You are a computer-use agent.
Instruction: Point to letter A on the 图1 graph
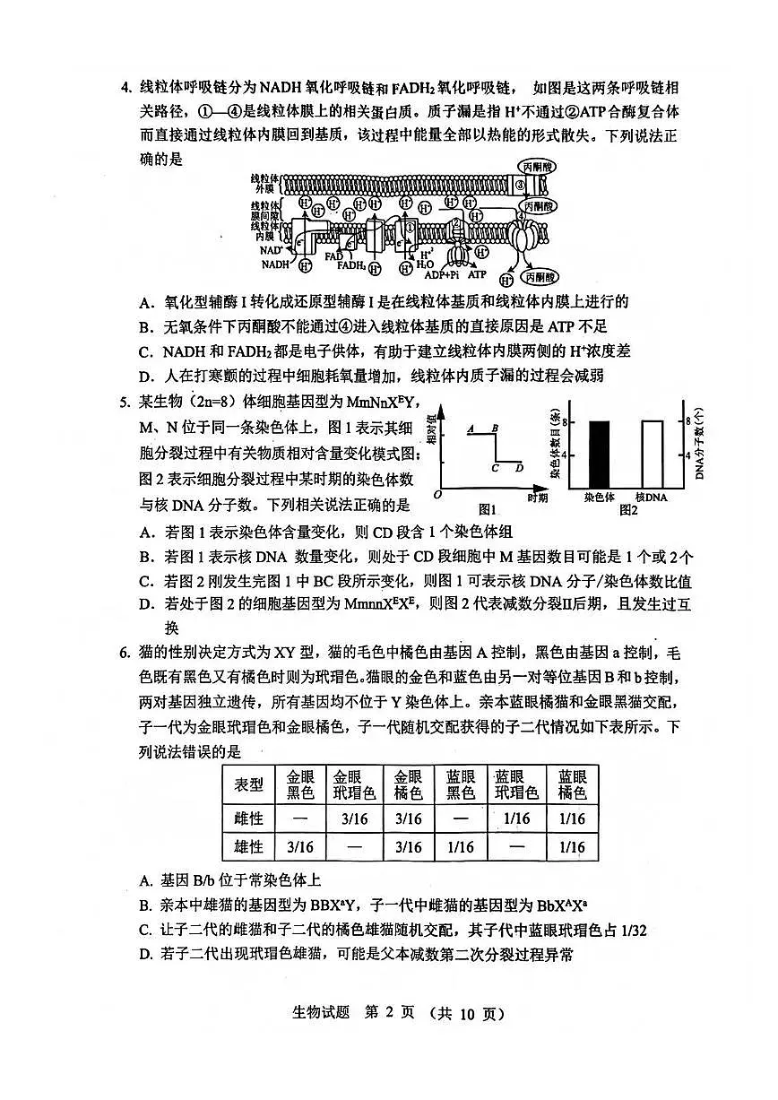pos(470,429)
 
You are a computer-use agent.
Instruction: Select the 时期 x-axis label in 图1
pos(537,498)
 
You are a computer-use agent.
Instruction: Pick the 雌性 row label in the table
pos(248,819)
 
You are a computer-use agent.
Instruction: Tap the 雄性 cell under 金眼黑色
pos(300,847)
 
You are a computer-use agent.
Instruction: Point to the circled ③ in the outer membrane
pos(522,186)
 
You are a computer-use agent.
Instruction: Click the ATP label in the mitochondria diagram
pos(477,275)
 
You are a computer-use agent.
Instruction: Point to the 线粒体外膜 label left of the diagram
pos(264,184)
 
